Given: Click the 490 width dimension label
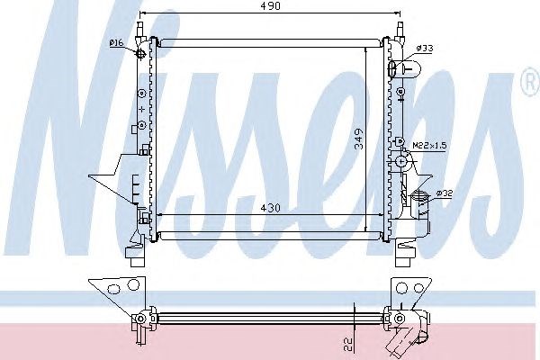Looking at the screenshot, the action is coord(270,6).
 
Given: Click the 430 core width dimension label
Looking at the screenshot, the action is coord(270,208).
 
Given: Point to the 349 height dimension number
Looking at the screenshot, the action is coord(359,139).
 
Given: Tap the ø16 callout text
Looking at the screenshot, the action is coord(116,43).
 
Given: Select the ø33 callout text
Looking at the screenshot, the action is coord(424,49).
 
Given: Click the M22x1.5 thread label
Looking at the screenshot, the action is coord(429,146).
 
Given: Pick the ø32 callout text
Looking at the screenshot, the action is coord(445,193).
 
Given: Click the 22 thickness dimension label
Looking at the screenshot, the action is coord(349,344).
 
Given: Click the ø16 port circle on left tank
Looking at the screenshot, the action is coord(141,53).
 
